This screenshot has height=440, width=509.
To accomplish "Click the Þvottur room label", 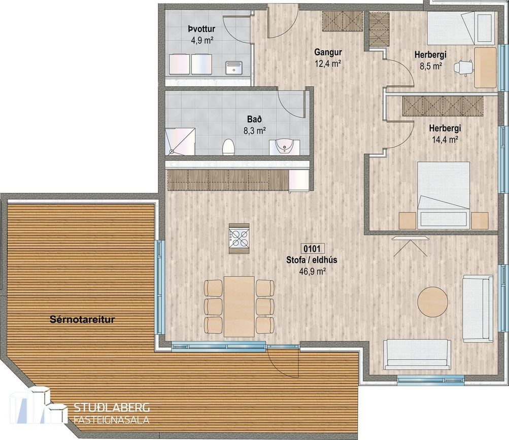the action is point(201,29).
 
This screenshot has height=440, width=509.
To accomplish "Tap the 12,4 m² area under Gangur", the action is point(328,63).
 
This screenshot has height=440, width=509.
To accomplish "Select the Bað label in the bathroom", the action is point(255,119).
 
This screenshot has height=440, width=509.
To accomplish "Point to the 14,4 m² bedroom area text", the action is point(445,140).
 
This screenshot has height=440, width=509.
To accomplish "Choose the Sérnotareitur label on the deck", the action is point(82,319).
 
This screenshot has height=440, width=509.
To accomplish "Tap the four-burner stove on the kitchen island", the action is point(239,238).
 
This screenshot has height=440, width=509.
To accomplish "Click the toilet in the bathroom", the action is point(228,147).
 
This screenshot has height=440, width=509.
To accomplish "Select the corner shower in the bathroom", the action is point(180,142).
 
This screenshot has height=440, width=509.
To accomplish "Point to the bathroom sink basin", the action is point(285,147).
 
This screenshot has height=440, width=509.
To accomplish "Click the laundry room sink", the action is point(234,67).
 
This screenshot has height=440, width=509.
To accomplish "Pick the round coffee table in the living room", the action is point(433,301).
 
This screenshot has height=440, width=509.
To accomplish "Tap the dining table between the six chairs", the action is point(239,307).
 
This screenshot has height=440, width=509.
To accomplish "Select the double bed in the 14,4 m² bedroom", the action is point(444,195).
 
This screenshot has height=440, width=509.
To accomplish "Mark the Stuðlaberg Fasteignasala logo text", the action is point(112,413).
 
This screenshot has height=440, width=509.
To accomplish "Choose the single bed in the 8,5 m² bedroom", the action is point(461,28).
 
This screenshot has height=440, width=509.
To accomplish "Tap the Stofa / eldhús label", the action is point(312,260).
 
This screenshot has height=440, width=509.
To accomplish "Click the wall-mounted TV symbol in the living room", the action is point(410,246).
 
